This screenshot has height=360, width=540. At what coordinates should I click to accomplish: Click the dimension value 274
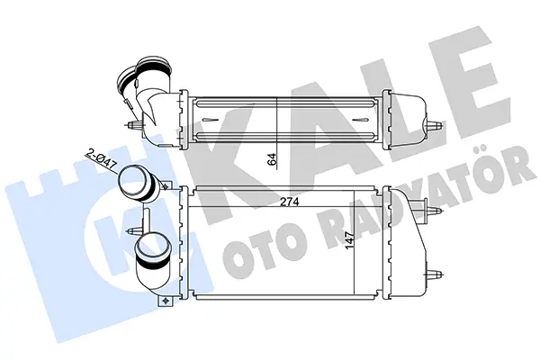[289, 202]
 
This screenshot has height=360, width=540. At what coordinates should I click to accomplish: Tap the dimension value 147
[350, 240]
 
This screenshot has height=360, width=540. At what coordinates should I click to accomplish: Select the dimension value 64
[273, 159]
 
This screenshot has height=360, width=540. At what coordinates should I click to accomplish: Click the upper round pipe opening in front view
[132, 182]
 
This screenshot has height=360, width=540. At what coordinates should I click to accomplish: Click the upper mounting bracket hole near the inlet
[166, 186]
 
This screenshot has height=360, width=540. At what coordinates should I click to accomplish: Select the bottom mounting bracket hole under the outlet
[165, 301]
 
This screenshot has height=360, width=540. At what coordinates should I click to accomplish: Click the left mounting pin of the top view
[132, 125]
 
